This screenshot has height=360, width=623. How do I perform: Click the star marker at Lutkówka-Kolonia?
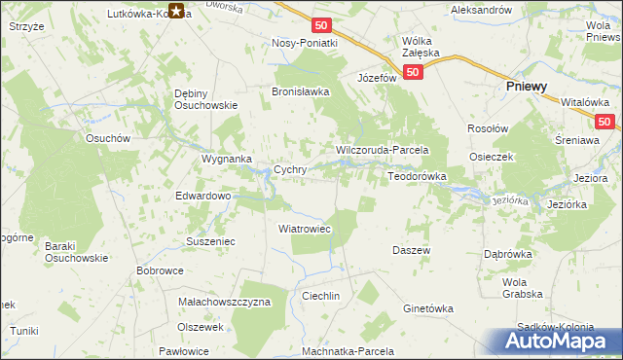176,12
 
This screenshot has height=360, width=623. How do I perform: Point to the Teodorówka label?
417,176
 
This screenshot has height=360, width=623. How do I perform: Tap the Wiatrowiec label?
306,229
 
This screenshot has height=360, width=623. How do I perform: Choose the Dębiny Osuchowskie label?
206,99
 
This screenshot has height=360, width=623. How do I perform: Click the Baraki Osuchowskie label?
73,251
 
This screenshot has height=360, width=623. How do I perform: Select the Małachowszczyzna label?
224,302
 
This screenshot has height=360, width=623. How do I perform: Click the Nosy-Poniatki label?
305,43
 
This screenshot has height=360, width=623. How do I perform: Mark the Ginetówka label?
428,308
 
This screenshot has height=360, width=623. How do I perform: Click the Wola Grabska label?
521,288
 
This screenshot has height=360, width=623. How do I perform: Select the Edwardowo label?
202,196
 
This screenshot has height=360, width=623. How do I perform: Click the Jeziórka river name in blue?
510,200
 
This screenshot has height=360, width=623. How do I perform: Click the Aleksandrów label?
481,9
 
